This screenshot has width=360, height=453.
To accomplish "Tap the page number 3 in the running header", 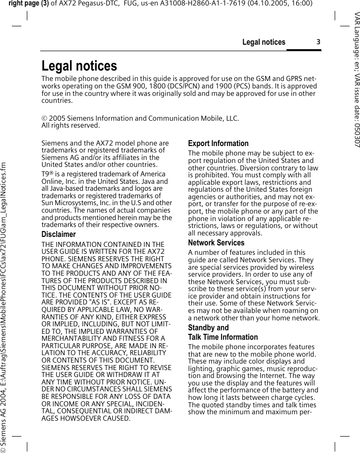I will tap(318, 42).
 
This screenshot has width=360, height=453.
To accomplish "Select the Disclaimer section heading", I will tap(59, 234).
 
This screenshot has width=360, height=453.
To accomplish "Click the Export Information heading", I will tap(218, 144).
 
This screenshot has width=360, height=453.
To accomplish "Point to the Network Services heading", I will tap(216, 243).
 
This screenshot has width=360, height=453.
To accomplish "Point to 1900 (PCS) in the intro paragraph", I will tap(228, 86).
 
